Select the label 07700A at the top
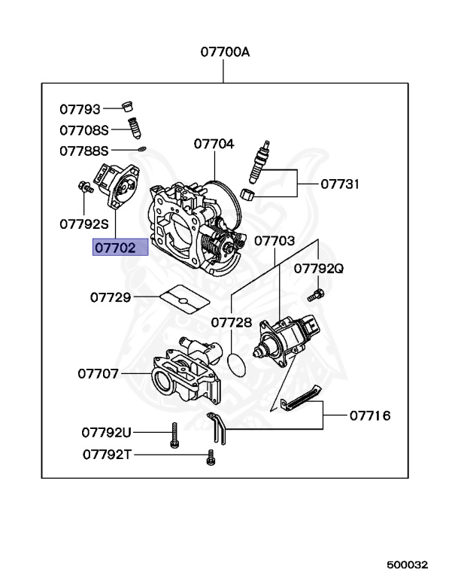click(x=224, y=53)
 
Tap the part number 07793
click(x=80, y=110)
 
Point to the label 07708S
click(x=84, y=130)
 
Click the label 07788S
click(x=84, y=151)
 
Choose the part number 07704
click(x=214, y=144)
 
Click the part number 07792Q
click(x=318, y=268)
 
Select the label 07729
click(x=111, y=297)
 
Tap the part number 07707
click(x=98, y=373)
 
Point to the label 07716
click(x=369, y=415)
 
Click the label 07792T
click(x=107, y=455)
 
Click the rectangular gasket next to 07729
click(x=184, y=300)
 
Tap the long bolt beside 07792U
click(x=174, y=435)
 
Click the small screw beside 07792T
click(x=211, y=456)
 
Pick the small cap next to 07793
click(x=129, y=105)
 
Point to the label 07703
click(x=274, y=241)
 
